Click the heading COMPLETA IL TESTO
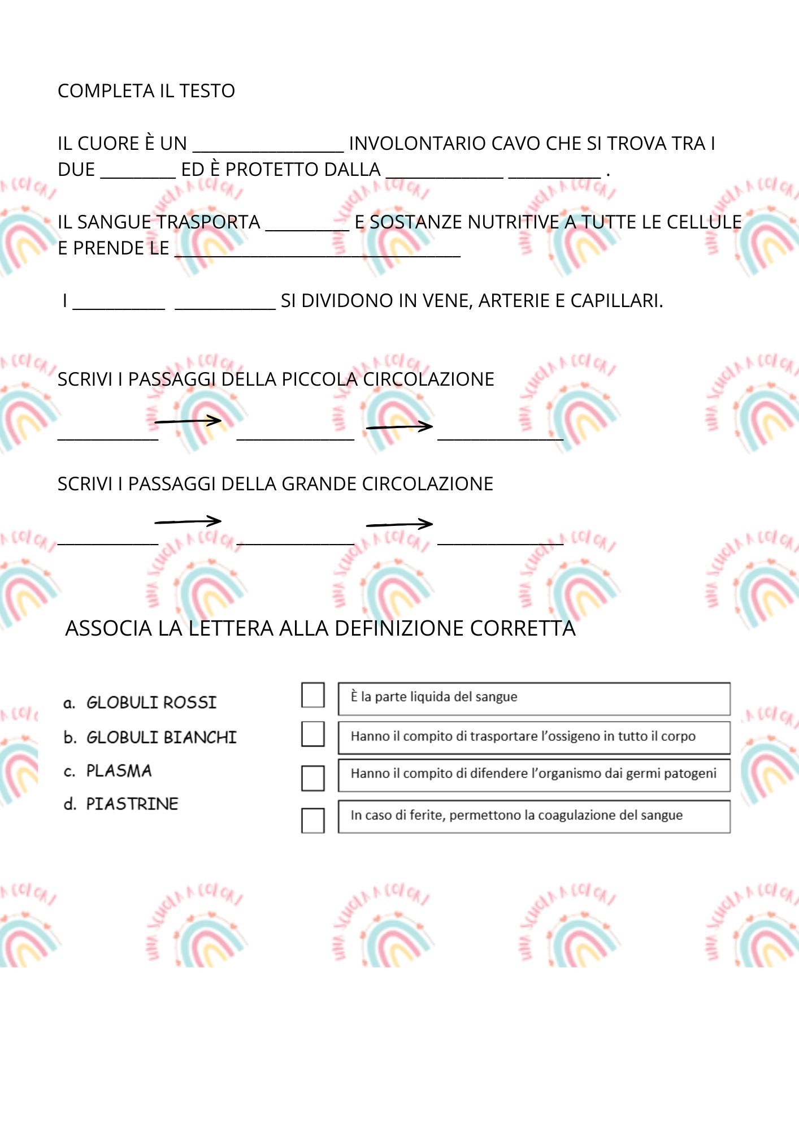[x=146, y=91]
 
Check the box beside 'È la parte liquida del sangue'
[x=312, y=696]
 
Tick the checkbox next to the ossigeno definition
[x=312, y=734]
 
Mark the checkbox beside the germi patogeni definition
[x=312, y=778]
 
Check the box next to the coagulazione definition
[x=312, y=821]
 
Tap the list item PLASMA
[x=119, y=771]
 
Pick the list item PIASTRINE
[x=132, y=804]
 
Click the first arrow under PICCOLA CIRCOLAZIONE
[x=188, y=421]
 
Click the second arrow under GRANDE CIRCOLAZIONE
[x=399, y=524]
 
